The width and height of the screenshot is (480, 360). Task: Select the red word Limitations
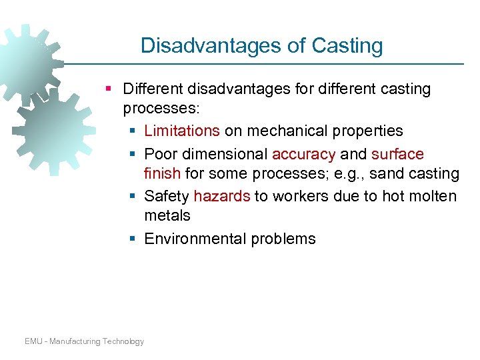(x=182, y=131)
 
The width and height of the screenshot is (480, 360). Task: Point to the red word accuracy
(x=303, y=154)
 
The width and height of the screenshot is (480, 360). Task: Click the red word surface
(x=397, y=154)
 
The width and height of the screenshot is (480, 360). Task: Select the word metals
(x=167, y=215)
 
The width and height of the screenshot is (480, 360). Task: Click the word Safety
(x=167, y=196)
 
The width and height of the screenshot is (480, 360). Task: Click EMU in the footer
(x=34, y=341)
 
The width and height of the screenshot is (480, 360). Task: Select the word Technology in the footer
(x=123, y=341)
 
